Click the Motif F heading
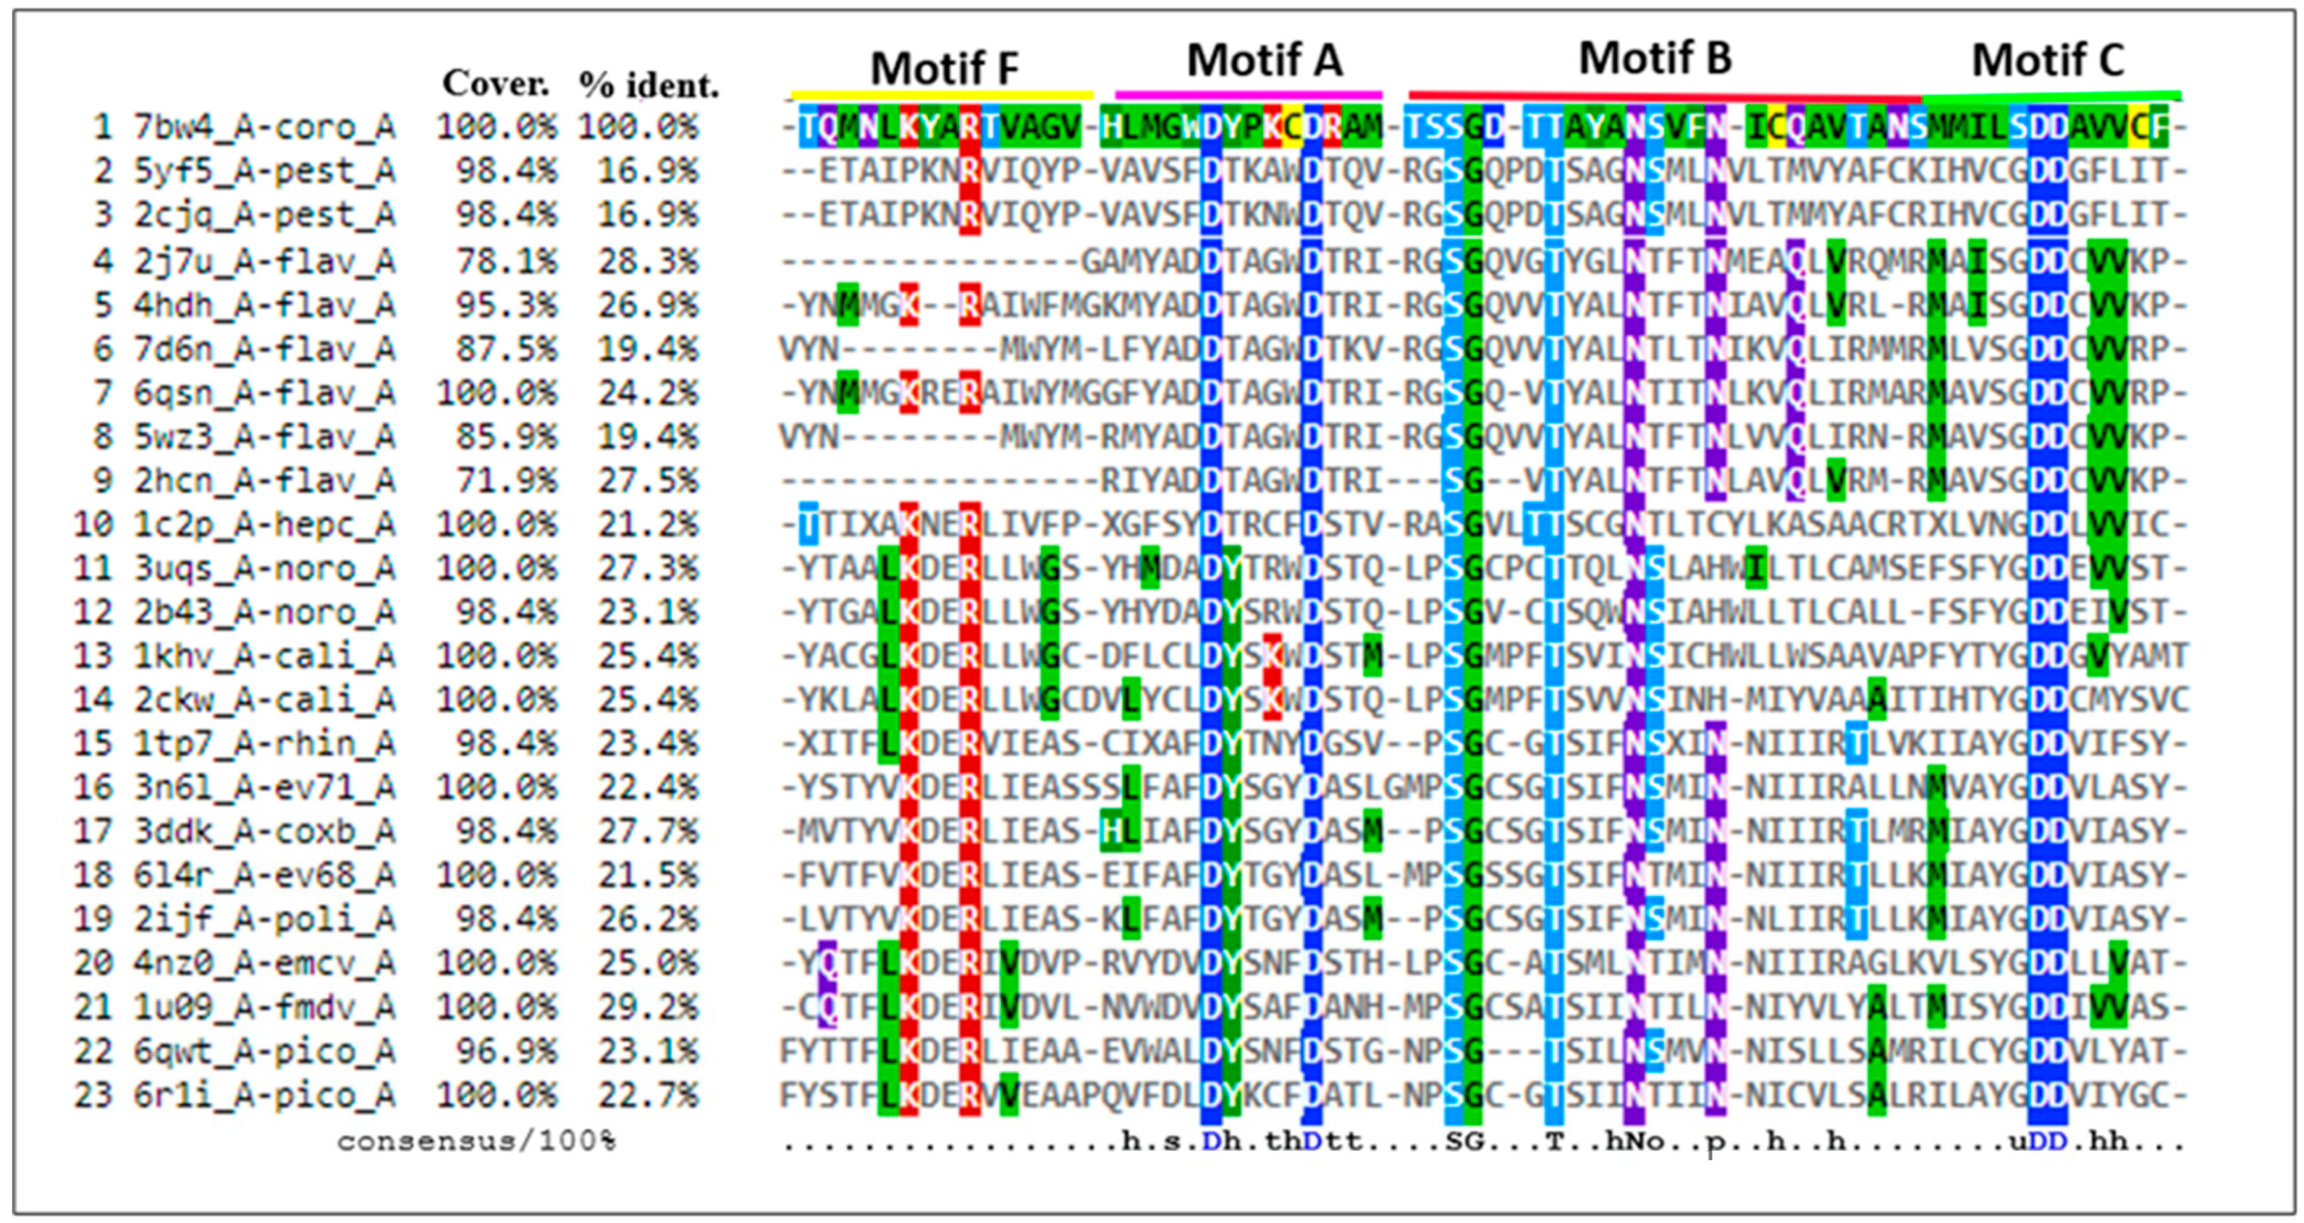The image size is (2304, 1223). click(x=945, y=68)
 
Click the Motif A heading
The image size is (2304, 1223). click(x=1264, y=61)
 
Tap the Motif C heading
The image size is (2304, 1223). click(x=2047, y=61)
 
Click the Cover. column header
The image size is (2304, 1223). click(x=496, y=84)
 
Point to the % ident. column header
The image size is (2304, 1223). click(x=648, y=86)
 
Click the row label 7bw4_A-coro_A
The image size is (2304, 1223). click(x=265, y=127)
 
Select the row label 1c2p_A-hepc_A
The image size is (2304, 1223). click(x=265, y=524)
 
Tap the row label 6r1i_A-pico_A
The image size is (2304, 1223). click(x=265, y=1095)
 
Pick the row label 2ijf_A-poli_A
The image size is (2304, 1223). click(x=265, y=919)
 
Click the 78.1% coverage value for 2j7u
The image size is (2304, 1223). click(x=506, y=261)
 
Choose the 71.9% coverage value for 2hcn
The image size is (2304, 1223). click(x=506, y=481)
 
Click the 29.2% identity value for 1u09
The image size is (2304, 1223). click(x=647, y=1007)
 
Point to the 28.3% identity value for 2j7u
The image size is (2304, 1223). click(x=647, y=261)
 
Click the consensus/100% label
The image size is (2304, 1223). click(x=476, y=1142)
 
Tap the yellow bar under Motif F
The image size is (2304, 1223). click(x=942, y=94)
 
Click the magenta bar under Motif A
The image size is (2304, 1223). click(x=1248, y=93)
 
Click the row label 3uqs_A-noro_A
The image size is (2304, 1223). click(x=265, y=568)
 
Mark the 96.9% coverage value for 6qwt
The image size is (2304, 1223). click(x=506, y=1051)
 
